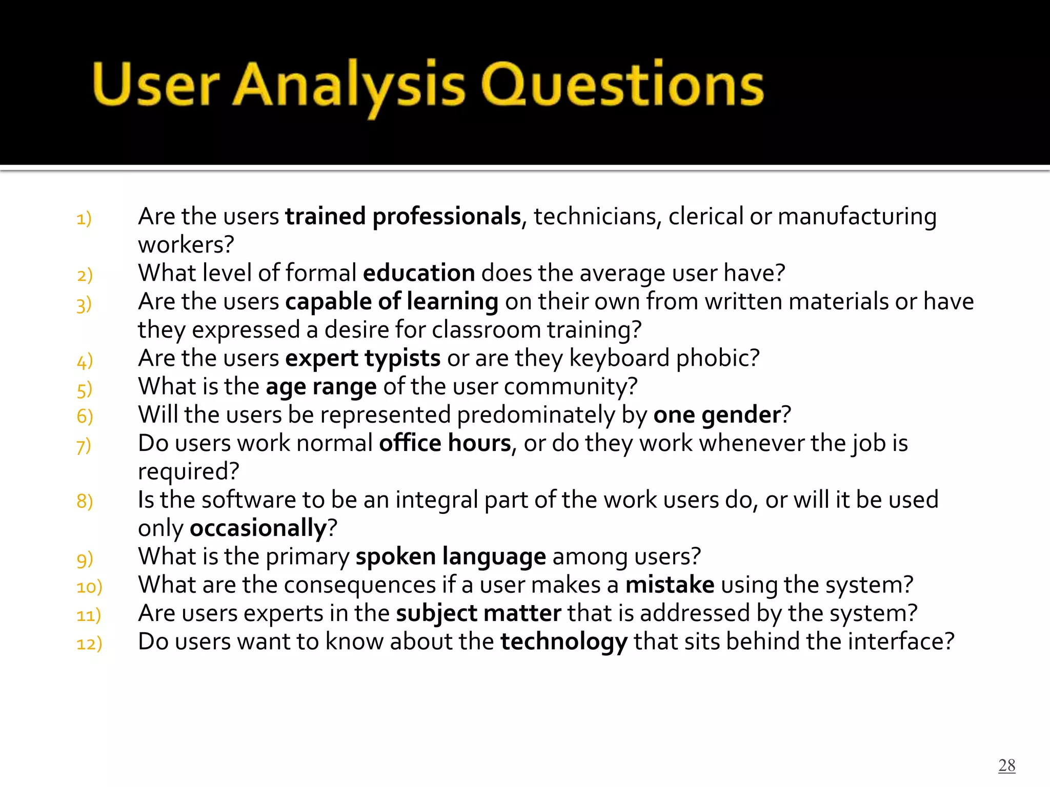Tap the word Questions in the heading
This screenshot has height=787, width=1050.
622,85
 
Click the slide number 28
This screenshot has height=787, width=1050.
1006,765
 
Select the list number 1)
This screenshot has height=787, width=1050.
84,219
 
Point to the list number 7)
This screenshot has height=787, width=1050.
84,446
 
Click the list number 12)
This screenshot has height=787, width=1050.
89,644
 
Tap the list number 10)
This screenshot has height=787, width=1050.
89,587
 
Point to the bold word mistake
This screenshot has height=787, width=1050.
670,585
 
